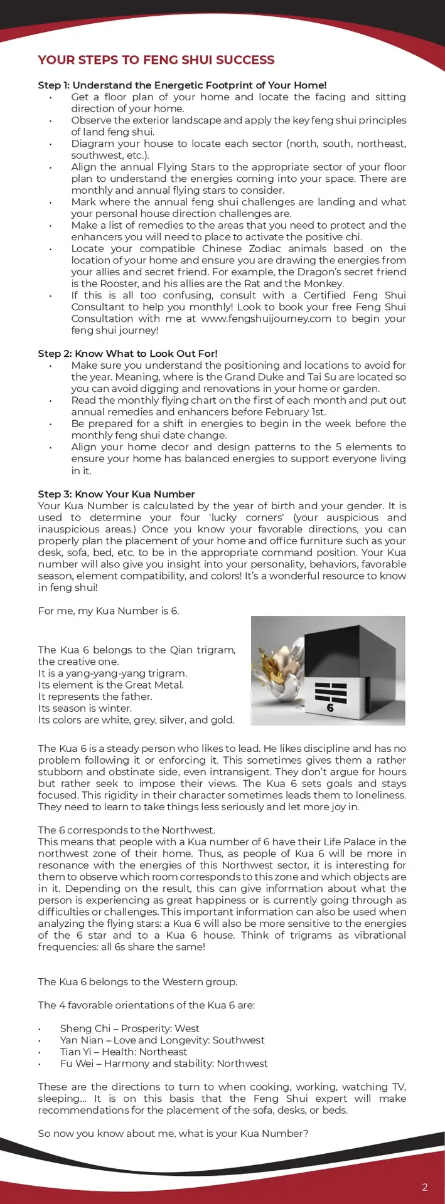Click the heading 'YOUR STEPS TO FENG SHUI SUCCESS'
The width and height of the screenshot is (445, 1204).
(x=156, y=60)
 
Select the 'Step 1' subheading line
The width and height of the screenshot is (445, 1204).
(x=182, y=85)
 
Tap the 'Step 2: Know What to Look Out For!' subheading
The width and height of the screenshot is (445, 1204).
(x=127, y=354)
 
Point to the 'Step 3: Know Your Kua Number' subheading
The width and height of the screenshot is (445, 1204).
(x=116, y=494)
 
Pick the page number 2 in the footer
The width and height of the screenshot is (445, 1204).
(x=425, y=1187)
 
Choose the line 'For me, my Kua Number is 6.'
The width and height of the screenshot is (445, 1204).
(x=108, y=611)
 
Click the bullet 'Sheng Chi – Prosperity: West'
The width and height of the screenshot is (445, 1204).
(x=129, y=1028)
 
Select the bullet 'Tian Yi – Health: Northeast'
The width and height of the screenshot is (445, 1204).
(x=123, y=1052)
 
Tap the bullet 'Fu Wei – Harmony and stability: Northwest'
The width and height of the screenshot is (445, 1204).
(x=163, y=1064)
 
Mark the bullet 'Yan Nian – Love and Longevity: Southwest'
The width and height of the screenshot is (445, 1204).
(x=162, y=1040)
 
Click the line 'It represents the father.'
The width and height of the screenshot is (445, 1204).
(x=95, y=697)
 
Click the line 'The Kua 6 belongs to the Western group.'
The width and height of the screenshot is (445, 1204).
(x=137, y=982)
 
